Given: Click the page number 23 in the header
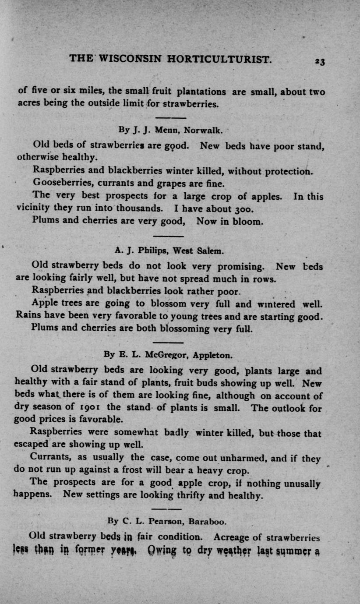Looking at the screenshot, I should [325, 61].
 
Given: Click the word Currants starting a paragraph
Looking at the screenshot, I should [49, 458].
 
